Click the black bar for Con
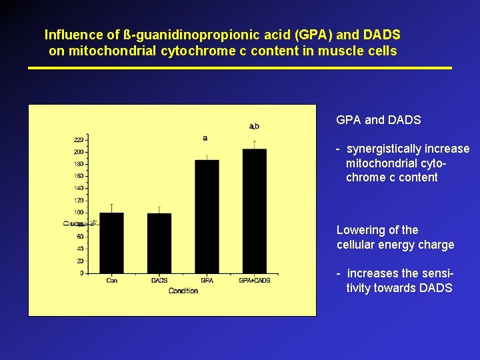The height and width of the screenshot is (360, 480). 111,243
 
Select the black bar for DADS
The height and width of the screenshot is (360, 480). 159,243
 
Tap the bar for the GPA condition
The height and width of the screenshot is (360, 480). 207,217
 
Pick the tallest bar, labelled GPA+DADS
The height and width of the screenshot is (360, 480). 254,211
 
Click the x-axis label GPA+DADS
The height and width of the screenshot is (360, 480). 254,281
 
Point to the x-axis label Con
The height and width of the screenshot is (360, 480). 111,281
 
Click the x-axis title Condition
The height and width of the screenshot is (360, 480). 183,291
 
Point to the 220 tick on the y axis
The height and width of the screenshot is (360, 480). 79,140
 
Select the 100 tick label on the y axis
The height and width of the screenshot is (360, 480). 79,213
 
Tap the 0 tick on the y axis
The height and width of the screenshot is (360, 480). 81,273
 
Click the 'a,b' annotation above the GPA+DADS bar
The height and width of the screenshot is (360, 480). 254,126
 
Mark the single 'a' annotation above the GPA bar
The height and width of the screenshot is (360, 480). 205,138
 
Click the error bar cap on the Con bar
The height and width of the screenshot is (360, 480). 111,204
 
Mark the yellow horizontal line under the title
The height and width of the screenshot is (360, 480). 240,68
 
